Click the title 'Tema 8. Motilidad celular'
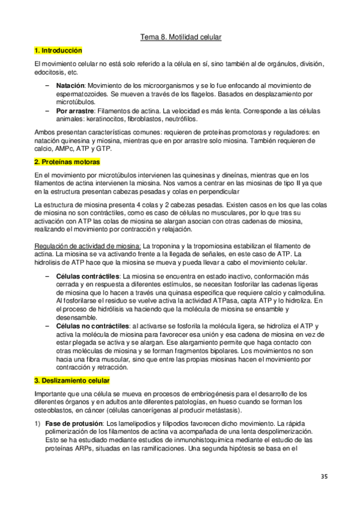coord(181,37)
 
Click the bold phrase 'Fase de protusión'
coord(73,423)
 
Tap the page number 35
coord(324,477)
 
